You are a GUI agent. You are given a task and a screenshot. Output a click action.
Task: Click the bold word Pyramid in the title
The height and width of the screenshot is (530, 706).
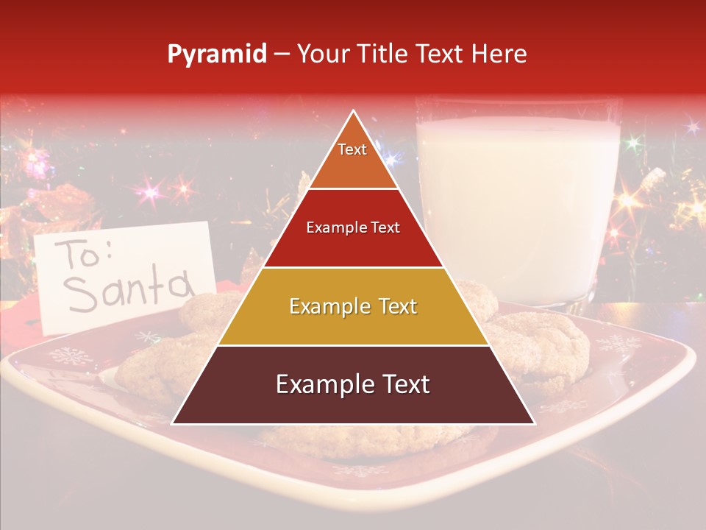(x=217, y=54)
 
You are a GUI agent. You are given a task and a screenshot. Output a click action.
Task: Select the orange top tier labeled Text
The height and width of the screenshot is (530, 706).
(x=353, y=158)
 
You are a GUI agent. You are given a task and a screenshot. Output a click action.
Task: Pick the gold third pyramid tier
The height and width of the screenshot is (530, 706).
(x=353, y=306)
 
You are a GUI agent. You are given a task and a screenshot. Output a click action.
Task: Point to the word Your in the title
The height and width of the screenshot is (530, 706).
(x=323, y=54)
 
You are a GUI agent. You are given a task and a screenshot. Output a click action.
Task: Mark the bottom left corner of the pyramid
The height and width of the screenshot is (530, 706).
(x=173, y=423)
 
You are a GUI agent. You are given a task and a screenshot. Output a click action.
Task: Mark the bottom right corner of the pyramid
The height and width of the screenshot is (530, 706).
(x=534, y=423)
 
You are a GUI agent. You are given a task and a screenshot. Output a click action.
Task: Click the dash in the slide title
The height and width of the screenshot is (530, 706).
(x=282, y=54)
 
